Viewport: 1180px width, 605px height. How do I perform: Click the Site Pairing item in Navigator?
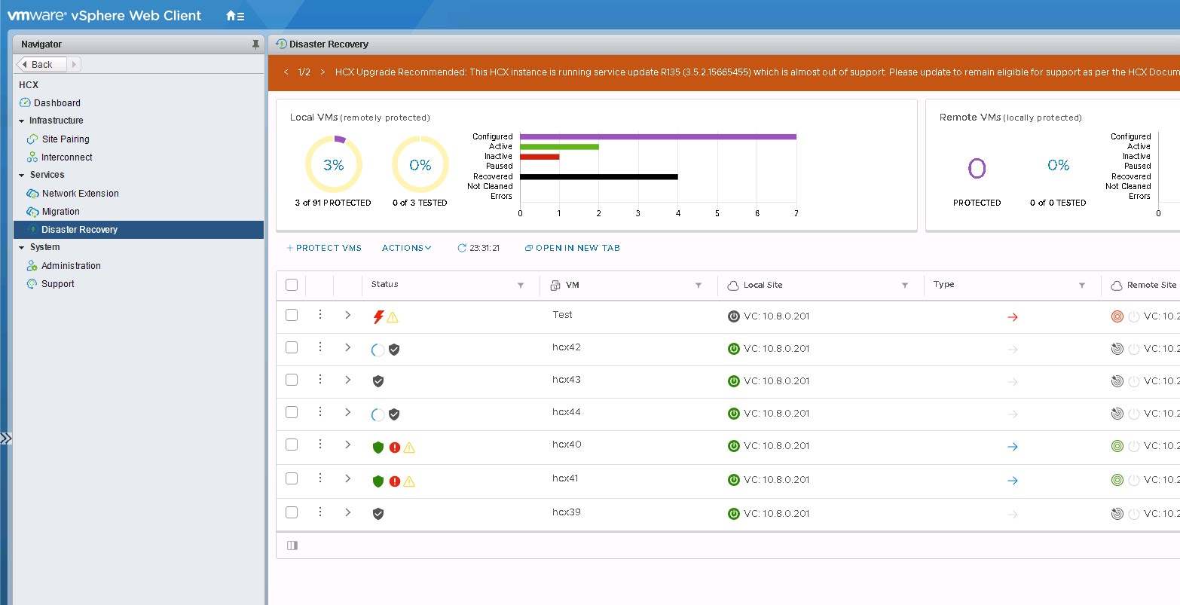pyautogui.click(x=65, y=139)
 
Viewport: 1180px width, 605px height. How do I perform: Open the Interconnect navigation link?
pyautogui.click(x=66, y=157)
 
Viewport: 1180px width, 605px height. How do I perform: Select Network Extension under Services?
pyautogui.click(x=80, y=194)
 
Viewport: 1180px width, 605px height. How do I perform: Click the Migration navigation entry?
pyautogui.click(x=60, y=212)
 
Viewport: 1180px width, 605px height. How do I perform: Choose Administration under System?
pyautogui.click(x=71, y=266)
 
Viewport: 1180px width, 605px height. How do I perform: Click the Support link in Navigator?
pyautogui.click(x=57, y=284)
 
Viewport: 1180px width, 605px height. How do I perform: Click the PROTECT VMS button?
pyautogui.click(x=325, y=248)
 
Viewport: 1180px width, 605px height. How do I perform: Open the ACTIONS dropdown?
pyautogui.click(x=406, y=248)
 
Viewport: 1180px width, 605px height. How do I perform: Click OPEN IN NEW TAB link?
pyautogui.click(x=573, y=248)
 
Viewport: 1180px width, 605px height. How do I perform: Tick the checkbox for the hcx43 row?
pyautogui.click(x=292, y=380)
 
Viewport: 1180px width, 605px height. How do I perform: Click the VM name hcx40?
pyautogui.click(x=567, y=445)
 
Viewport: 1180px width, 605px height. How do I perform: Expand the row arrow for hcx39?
pyautogui.click(x=347, y=512)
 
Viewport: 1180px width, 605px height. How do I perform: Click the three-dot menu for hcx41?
pyautogui.click(x=320, y=478)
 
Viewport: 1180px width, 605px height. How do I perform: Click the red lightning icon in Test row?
pyautogui.click(x=378, y=317)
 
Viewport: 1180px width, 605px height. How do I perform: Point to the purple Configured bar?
pyautogui.click(x=657, y=136)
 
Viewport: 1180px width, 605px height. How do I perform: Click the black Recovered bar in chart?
pyautogui.click(x=598, y=176)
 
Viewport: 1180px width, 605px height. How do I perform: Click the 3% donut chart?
pyautogui.click(x=333, y=165)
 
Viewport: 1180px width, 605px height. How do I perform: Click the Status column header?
pyautogui.click(x=385, y=284)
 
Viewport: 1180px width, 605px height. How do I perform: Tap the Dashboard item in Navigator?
pyautogui.click(x=57, y=103)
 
